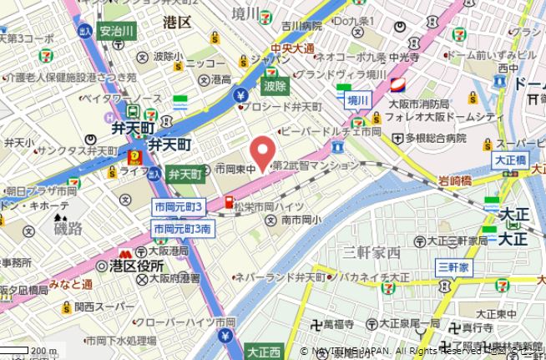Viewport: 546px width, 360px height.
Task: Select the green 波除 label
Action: (x=275, y=85)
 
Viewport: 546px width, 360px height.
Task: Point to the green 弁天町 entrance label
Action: (x=184, y=175)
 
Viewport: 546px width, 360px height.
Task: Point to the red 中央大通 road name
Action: (x=292, y=48)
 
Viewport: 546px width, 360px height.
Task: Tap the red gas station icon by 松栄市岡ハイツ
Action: (x=227, y=201)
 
